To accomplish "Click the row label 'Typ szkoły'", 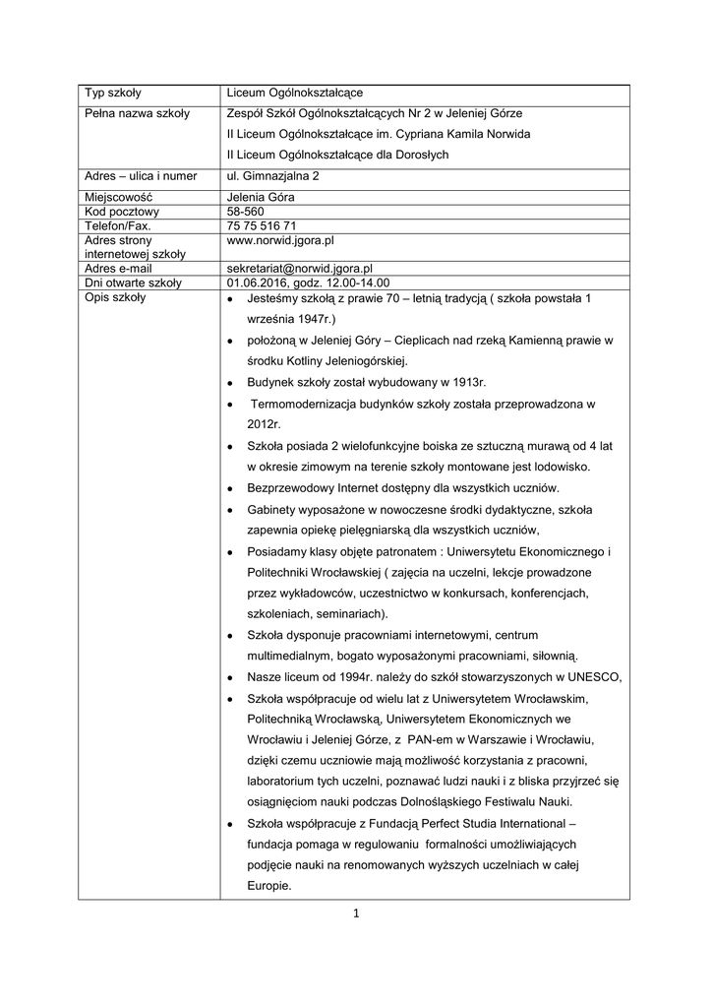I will click(x=113, y=93).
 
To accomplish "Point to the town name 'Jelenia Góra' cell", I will click(x=261, y=197).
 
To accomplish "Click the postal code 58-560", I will click(x=245, y=212).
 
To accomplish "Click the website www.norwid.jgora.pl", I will click(x=281, y=239).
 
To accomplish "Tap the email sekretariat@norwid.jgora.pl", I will click(x=299, y=268).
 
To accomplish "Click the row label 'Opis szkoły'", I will click(x=115, y=296).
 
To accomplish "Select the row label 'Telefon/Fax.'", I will click(x=118, y=225).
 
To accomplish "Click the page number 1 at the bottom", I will click(x=357, y=913).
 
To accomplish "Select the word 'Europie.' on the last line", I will click(x=270, y=885).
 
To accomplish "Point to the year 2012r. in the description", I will click(x=265, y=423).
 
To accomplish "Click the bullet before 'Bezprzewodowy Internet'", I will click(x=230, y=489).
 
